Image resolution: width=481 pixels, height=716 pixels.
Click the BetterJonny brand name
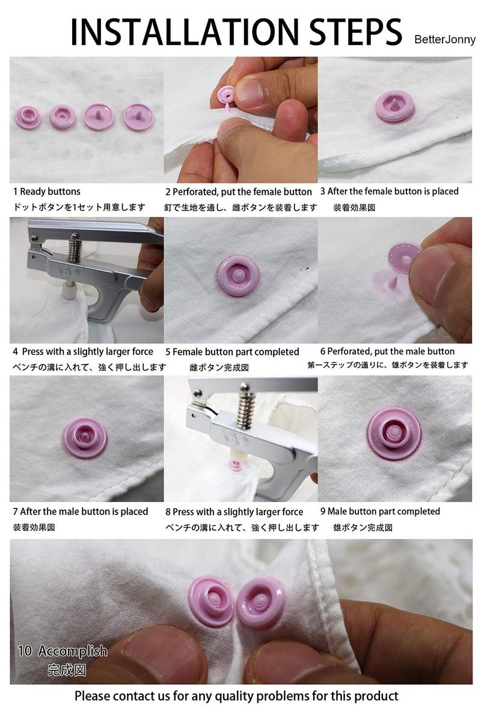point(444,40)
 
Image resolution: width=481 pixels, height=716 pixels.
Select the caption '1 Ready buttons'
point(47,191)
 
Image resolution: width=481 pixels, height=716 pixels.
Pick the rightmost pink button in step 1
point(135,116)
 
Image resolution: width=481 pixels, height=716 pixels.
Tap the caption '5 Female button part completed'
point(232,351)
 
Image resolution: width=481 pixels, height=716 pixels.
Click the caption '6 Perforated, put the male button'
point(387,351)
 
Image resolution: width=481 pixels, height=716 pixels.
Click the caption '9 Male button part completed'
point(380,511)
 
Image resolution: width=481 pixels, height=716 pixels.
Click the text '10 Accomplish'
point(63,650)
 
